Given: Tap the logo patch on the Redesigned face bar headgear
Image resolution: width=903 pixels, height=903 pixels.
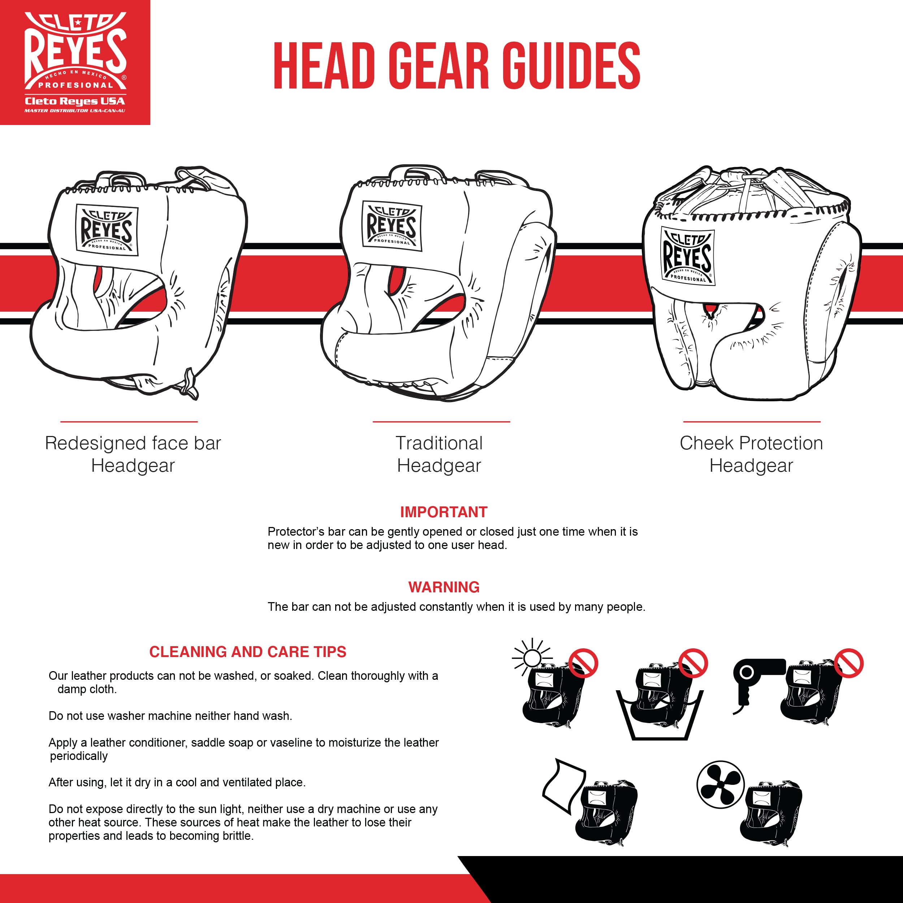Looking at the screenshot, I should tap(107, 230).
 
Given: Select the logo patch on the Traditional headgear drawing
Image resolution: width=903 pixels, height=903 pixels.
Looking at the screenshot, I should tap(392, 226).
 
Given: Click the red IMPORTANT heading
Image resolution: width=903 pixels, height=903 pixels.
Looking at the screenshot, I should tap(444, 512).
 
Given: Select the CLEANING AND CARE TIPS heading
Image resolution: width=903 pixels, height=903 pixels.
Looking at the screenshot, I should tap(248, 652).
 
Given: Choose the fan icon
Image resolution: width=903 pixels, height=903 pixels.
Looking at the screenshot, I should tap(720, 784).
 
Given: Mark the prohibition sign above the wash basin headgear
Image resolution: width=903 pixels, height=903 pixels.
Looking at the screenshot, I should tap(693, 663).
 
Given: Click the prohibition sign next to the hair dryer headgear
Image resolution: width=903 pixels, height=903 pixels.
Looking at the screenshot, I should tap(849, 663).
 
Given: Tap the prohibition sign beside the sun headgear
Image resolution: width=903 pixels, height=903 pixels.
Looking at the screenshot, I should tap(583, 663).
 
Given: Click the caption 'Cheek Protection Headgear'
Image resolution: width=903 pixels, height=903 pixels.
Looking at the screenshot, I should tap(751, 454).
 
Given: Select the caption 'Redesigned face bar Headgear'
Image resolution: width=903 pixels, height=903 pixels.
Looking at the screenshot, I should tap(133, 454).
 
